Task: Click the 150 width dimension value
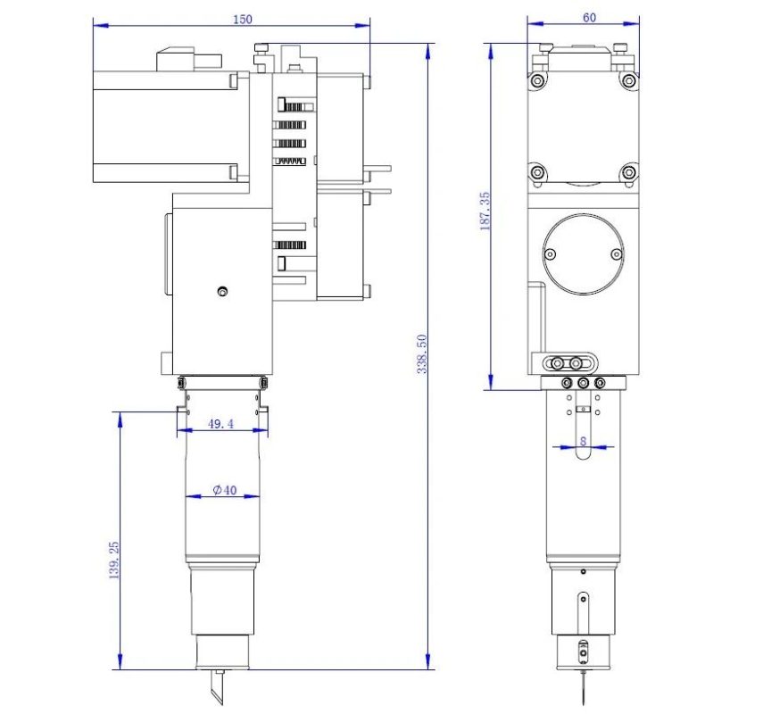243,19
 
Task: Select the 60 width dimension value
589,18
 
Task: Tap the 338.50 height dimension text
422,353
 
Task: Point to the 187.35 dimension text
485,211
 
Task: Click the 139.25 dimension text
113,560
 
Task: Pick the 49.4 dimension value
221,424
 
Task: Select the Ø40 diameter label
225,490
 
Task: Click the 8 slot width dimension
583,441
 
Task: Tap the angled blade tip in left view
218,687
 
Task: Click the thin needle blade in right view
583,687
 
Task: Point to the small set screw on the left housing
222,292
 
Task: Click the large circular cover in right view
583,254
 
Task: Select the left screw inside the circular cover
551,254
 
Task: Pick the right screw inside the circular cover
616,254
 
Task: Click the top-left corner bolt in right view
537,80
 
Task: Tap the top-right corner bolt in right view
629,80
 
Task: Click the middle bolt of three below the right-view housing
583,384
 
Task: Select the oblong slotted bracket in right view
570,363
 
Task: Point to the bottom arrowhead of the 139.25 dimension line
120,662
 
